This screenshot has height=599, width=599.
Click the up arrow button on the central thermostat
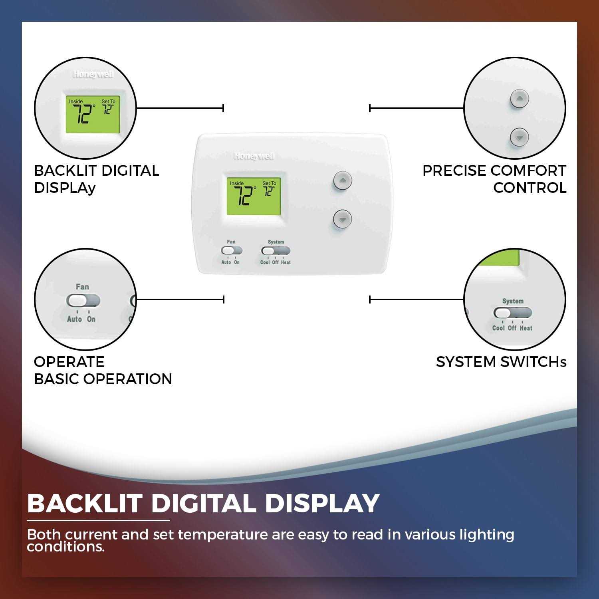click(x=342, y=180)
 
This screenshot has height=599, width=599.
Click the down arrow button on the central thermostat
click(x=342, y=219)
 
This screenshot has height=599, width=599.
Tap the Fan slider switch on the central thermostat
click(x=232, y=251)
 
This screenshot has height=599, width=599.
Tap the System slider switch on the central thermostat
click(x=276, y=251)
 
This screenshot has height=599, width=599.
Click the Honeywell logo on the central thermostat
click(x=254, y=156)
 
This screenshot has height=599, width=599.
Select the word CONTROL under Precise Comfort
click(x=530, y=188)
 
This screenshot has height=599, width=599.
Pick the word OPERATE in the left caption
click(x=69, y=362)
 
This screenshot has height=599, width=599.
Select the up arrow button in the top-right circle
click(x=519, y=98)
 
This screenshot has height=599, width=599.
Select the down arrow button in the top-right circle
click(x=519, y=137)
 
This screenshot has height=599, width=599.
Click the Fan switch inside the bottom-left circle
click(x=83, y=301)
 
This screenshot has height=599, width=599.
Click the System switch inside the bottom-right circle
click(x=512, y=313)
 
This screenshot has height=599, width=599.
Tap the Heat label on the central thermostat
click(x=286, y=262)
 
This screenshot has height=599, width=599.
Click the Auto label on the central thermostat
click(x=226, y=262)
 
